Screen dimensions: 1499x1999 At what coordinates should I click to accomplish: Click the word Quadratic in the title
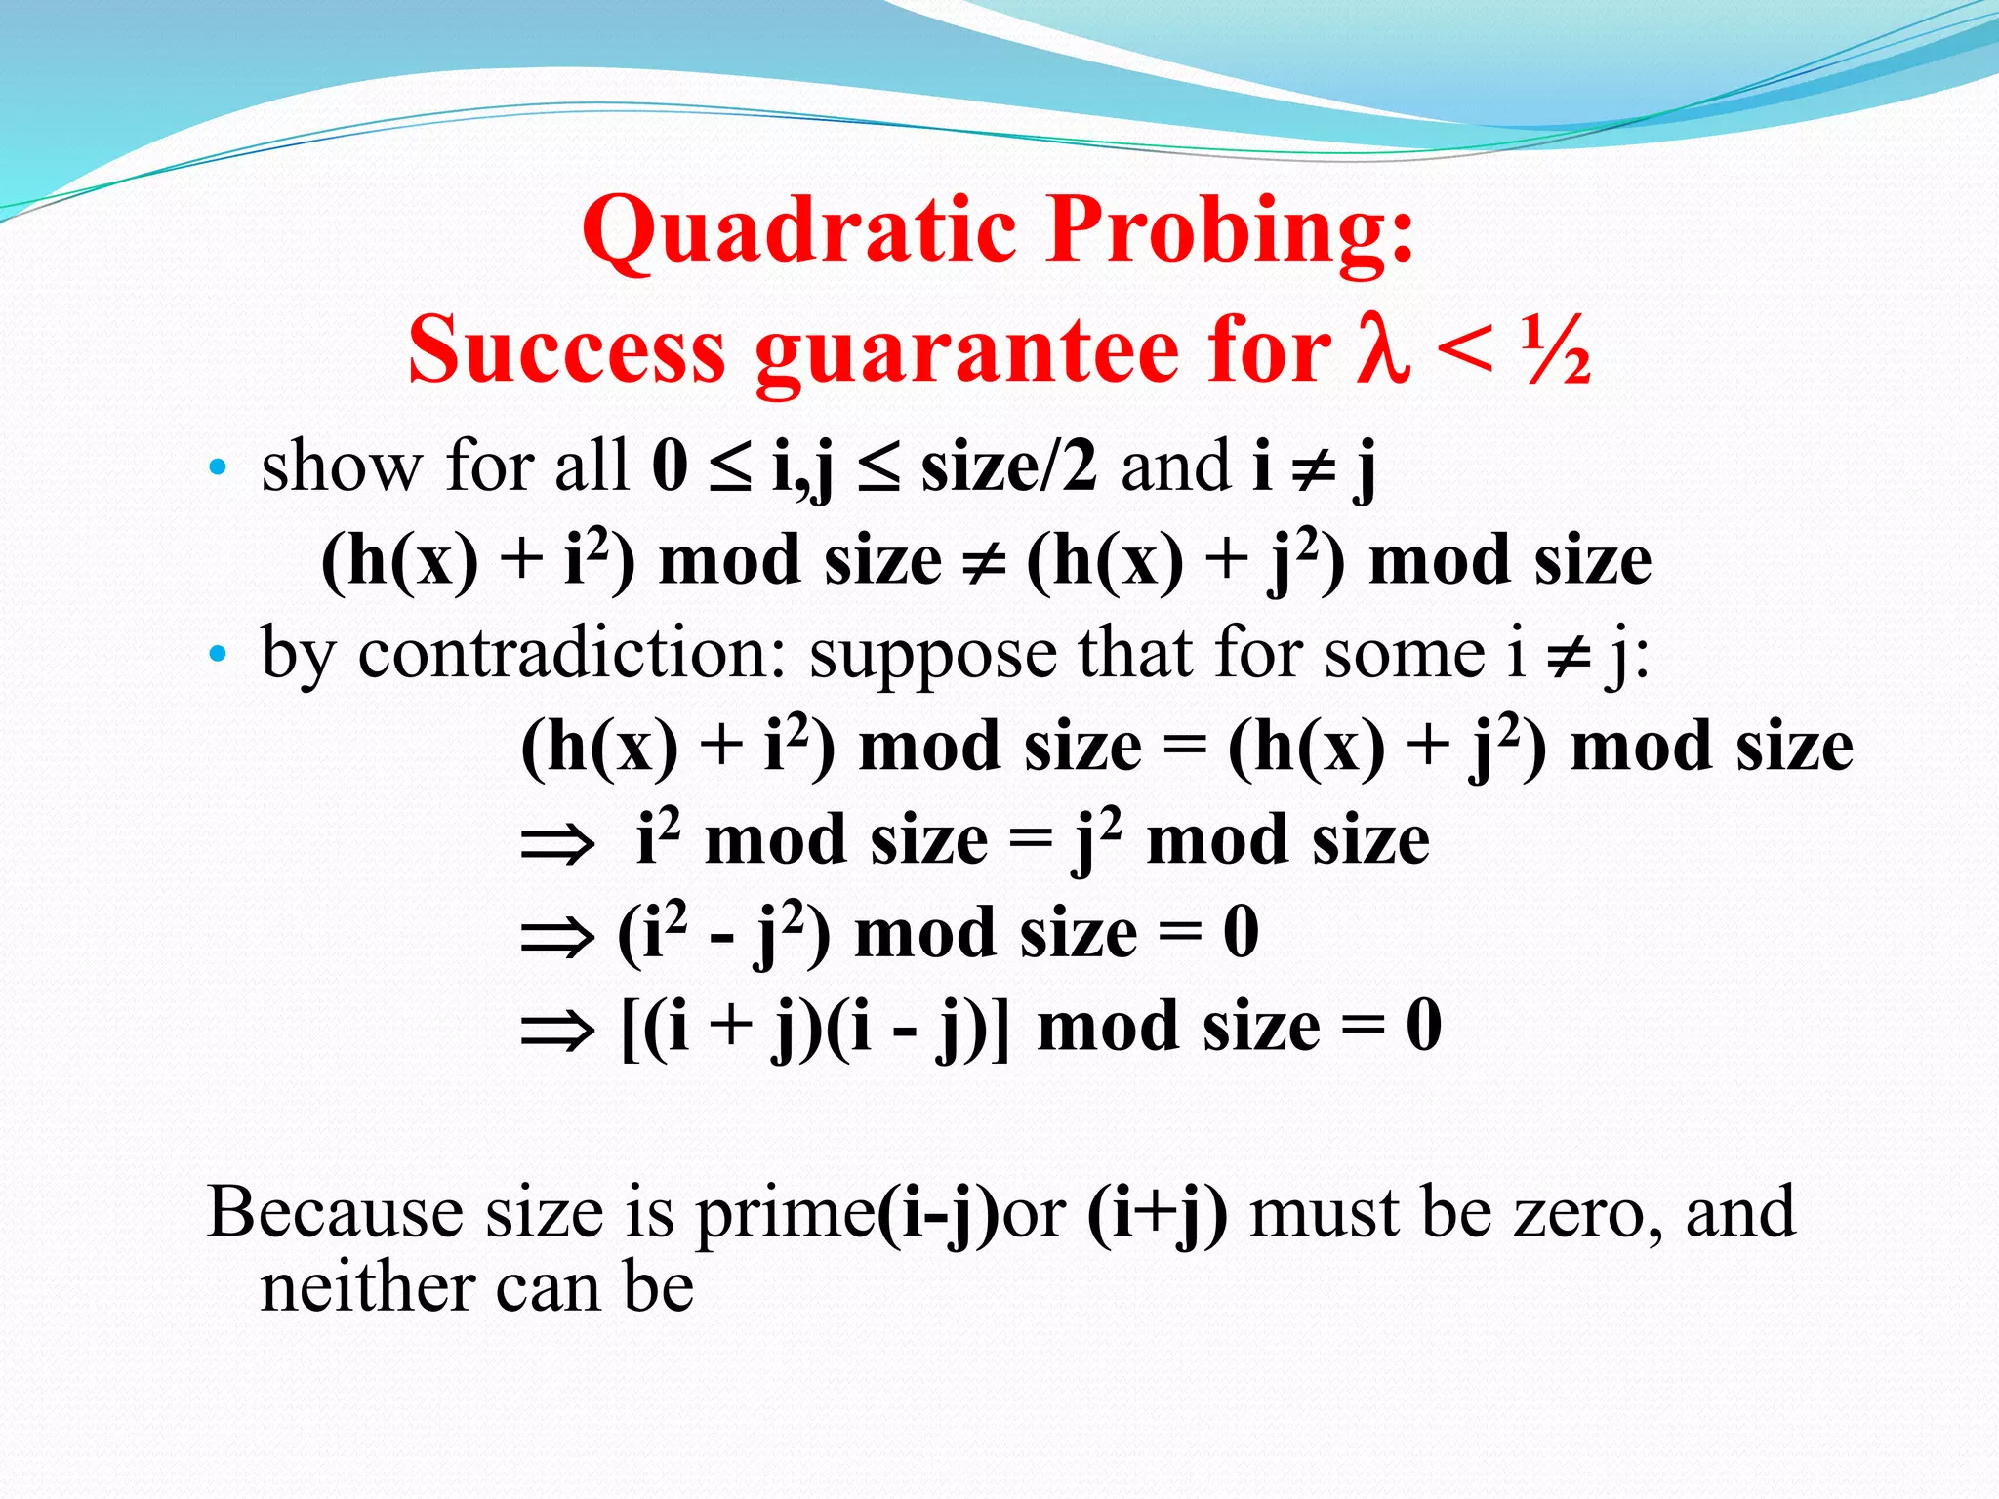click(x=800, y=231)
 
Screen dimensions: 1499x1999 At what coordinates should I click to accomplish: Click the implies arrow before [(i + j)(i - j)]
click(x=557, y=1029)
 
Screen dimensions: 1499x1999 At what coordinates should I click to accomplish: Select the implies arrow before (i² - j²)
click(x=557, y=936)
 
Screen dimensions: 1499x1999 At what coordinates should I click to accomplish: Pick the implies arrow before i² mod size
click(x=557, y=842)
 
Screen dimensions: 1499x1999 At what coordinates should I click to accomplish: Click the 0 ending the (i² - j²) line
click(x=1241, y=933)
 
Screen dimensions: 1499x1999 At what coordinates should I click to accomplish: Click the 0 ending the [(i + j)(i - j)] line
click(x=1424, y=1027)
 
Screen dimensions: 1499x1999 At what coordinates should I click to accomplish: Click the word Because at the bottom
click(x=335, y=1213)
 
